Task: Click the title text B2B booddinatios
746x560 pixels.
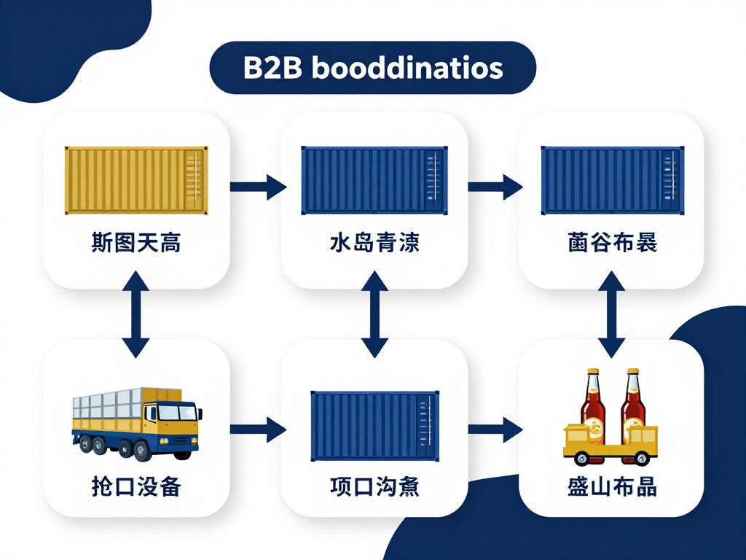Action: [x=372, y=69]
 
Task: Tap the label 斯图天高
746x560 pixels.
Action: [x=137, y=243]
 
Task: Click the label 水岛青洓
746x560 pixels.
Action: [x=374, y=243]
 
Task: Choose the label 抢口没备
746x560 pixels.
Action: [x=137, y=486]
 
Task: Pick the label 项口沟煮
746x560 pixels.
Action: [x=374, y=486]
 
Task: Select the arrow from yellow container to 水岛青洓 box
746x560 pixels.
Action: [x=258, y=187]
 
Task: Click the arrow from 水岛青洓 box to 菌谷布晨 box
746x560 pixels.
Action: [x=495, y=187]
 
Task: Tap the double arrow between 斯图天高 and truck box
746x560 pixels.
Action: [x=136, y=313]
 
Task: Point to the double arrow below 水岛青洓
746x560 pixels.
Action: [x=374, y=313]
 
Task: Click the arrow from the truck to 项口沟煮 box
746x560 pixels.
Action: [x=258, y=429]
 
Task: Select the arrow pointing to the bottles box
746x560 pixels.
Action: [x=495, y=429]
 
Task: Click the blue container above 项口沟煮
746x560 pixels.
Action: [x=374, y=426]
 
